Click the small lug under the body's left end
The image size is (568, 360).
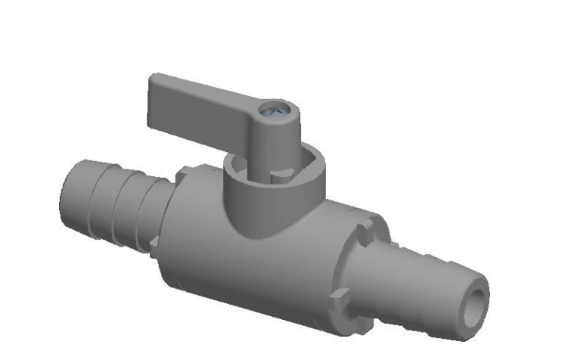click(154, 243)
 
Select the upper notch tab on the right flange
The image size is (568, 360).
click(366, 225)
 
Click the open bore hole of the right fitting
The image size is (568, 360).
click(475, 296)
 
